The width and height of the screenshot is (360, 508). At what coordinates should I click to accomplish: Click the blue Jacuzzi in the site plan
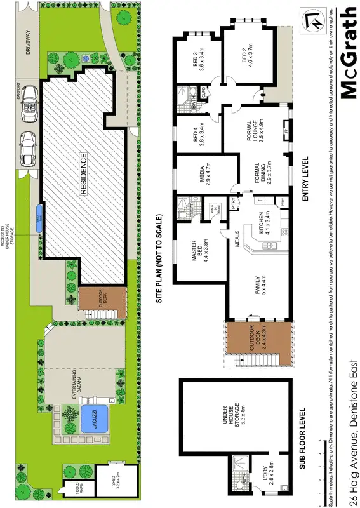click(x=93, y=418)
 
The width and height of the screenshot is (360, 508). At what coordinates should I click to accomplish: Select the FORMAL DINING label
click(x=257, y=172)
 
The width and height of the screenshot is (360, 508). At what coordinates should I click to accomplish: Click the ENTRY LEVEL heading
click(x=305, y=179)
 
